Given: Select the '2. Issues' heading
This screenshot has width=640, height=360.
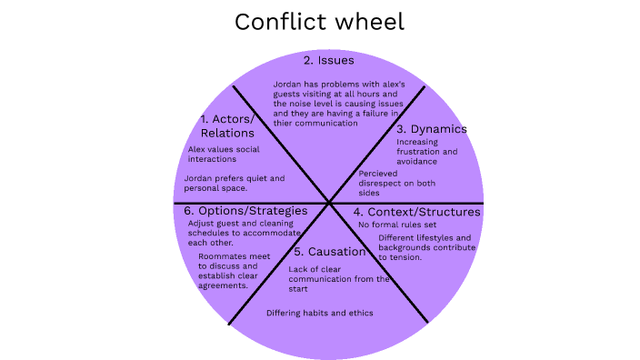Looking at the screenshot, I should click(329, 61).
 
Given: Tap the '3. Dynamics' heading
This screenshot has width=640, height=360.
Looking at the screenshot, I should click(432, 128).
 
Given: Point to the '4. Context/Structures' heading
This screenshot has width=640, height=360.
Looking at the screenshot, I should click(416, 212).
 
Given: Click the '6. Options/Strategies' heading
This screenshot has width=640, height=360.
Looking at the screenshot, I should click(239, 211).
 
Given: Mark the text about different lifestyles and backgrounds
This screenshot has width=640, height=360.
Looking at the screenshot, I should click(425, 247).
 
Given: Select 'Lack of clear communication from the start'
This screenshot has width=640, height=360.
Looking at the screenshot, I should click(339, 279).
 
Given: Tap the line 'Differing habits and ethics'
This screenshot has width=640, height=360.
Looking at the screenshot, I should click(319, 313).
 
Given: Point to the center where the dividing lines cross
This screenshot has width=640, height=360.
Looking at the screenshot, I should click(327, 202).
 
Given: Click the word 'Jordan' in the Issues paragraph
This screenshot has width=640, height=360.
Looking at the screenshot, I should click(289, 85).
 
